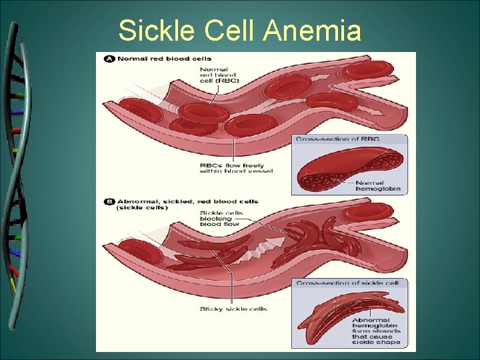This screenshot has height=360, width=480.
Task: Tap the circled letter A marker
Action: [x=109, y=59]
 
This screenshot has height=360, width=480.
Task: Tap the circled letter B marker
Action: [x=109, y=201]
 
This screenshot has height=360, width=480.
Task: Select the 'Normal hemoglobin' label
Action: [x=378, y=186]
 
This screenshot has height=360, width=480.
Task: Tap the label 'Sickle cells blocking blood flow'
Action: [x=221, y=219]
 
